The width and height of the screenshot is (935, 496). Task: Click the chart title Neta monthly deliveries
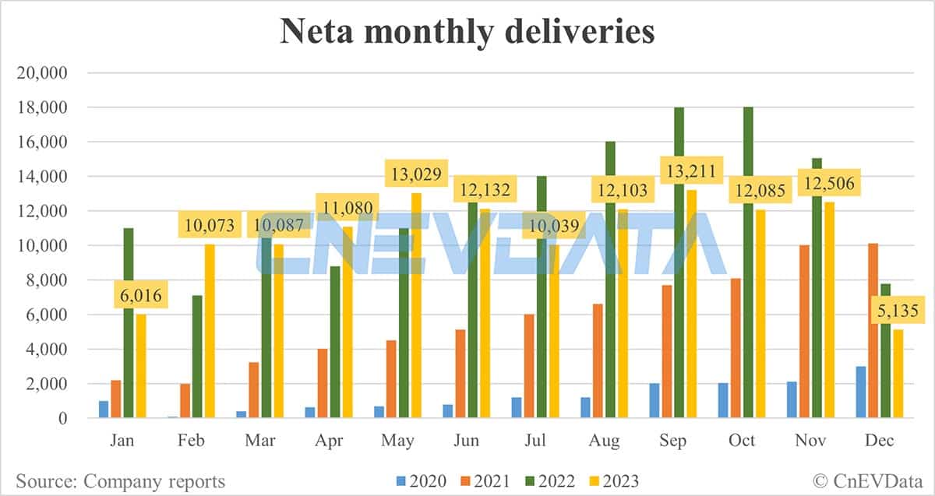coord(467,32)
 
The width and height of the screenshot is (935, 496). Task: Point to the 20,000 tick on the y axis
coord(44,73)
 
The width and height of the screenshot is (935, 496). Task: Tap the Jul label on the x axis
coord(535,441)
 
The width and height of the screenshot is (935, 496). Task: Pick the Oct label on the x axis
coord(741,441)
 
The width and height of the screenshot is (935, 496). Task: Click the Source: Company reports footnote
coord(120,480)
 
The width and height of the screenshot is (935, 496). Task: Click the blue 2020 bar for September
coord(654,400)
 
